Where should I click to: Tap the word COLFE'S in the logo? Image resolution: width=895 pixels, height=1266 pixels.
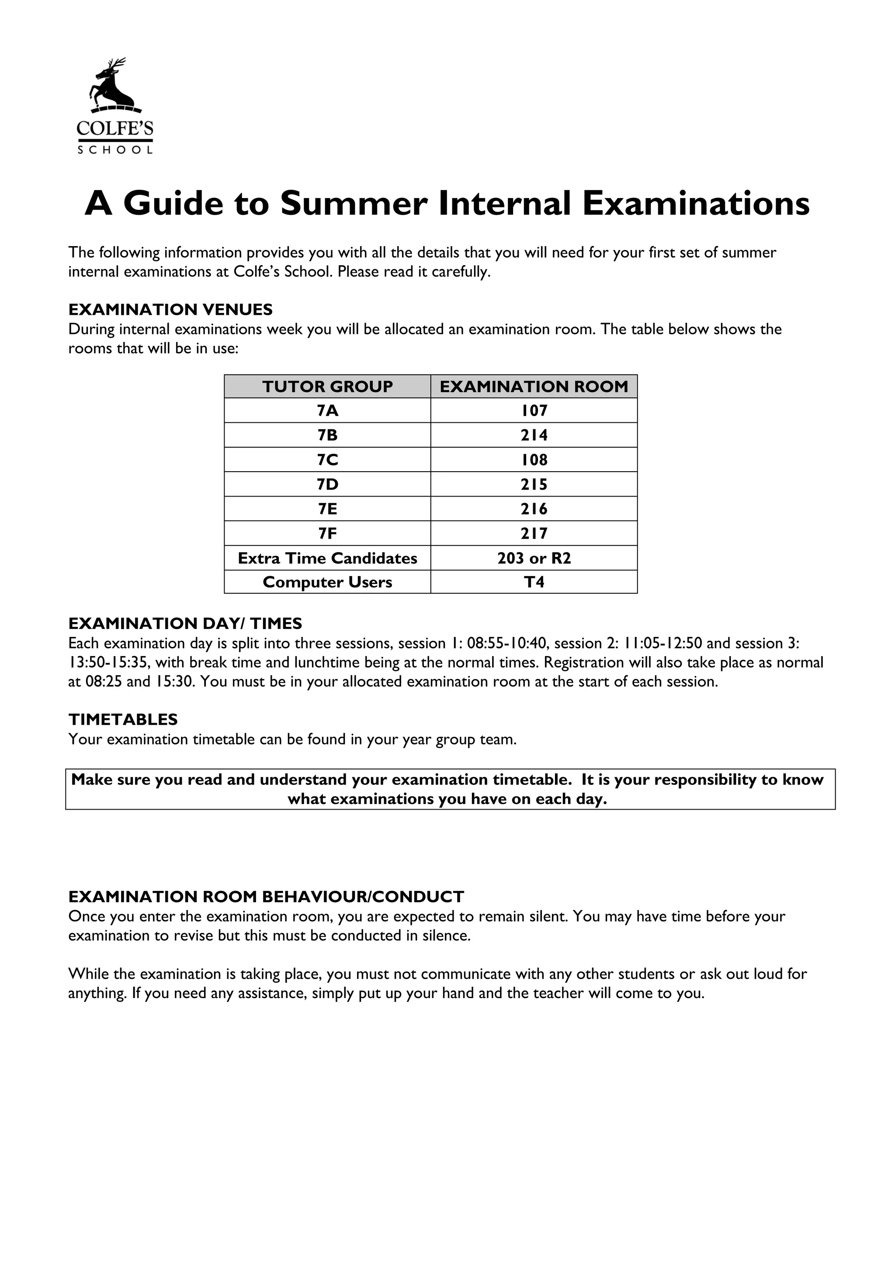coord(114,129)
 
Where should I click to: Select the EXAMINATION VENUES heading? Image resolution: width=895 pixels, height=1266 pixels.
coord(170,310)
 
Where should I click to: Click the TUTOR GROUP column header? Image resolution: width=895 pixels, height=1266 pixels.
coord(327,386)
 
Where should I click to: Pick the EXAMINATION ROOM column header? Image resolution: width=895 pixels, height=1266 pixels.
coord(534,386)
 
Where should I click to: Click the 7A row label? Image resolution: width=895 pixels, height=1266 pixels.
coord(327,411)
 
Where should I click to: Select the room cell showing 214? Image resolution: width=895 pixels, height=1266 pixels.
coord(534,435)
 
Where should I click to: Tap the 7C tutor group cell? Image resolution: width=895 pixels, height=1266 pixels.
coord(327,460)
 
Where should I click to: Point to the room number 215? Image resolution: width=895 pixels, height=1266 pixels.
coord(534,484)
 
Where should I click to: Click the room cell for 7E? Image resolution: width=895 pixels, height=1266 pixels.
coord(534,509)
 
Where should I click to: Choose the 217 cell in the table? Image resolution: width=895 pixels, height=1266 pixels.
coord(534,533)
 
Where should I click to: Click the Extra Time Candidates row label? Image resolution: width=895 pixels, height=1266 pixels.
coord(327,558)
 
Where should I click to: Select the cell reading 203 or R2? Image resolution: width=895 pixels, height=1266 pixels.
coord(534,558)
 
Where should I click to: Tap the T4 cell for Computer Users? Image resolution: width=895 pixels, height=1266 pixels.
coord(534,582)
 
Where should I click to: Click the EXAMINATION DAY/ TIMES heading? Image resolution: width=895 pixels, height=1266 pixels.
coord(185,624)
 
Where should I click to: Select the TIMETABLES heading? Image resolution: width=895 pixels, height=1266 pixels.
coord(123,720)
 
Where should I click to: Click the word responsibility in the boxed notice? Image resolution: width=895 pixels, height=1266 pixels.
coord(705,780)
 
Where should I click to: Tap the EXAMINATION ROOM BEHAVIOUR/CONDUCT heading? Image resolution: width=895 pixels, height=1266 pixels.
coord(266,897)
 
